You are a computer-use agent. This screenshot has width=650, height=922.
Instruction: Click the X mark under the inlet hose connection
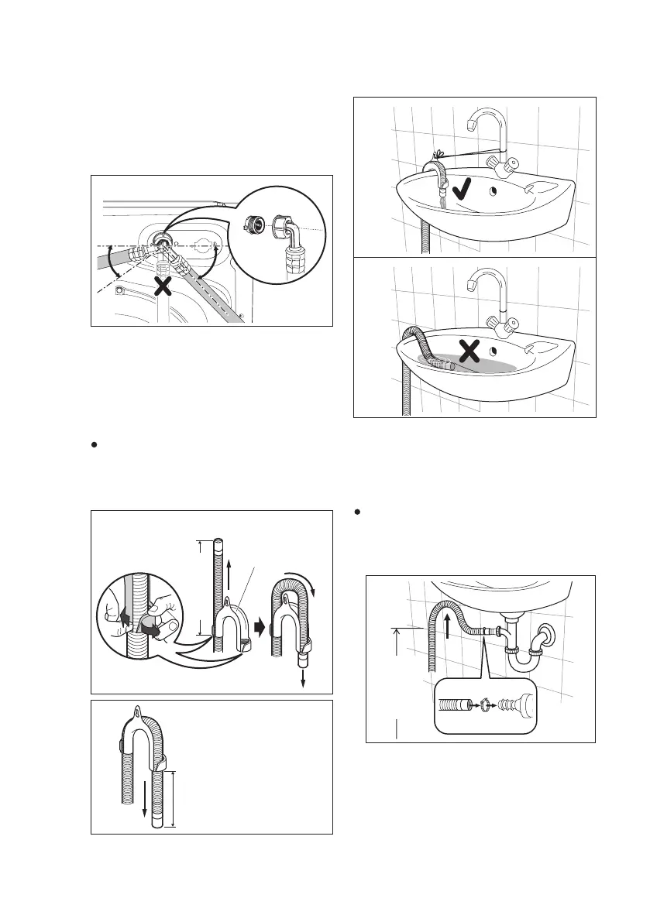coord(163,288)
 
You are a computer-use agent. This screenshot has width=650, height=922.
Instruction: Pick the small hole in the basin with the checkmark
coord(494,190)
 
